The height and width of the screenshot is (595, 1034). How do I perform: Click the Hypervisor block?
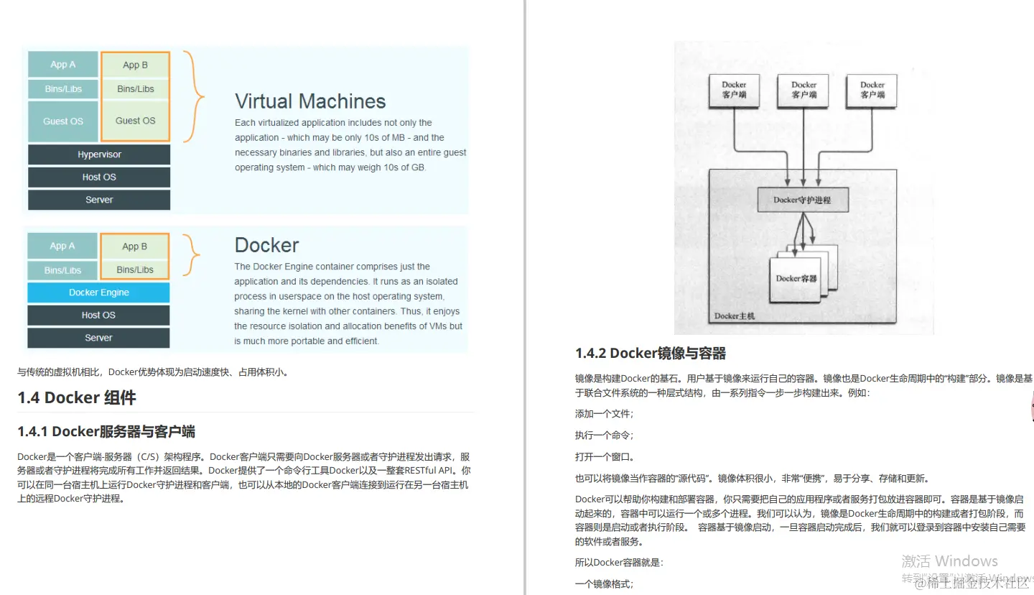99,154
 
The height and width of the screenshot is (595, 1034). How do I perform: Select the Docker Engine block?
99,292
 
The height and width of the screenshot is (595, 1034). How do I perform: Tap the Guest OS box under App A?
63,121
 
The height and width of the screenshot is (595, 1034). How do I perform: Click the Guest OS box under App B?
136,121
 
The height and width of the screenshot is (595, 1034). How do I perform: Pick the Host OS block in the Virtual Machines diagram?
99,177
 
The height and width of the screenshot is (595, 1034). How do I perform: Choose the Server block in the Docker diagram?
99,338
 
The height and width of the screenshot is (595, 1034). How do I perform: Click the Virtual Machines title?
310,101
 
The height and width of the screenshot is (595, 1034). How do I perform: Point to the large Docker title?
266,245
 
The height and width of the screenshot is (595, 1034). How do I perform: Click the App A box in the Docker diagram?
62,246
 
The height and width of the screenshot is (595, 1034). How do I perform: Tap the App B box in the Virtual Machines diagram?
136,65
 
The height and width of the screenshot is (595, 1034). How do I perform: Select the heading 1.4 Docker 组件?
77,398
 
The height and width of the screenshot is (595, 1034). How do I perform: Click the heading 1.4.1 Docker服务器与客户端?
106,432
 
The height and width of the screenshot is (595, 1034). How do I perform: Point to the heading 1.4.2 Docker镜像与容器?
651,354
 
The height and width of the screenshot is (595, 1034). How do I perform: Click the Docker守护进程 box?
802,200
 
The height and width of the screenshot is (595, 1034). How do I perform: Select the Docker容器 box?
797,278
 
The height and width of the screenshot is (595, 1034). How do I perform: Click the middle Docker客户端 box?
804,91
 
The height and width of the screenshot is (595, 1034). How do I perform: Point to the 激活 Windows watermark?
949,561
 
